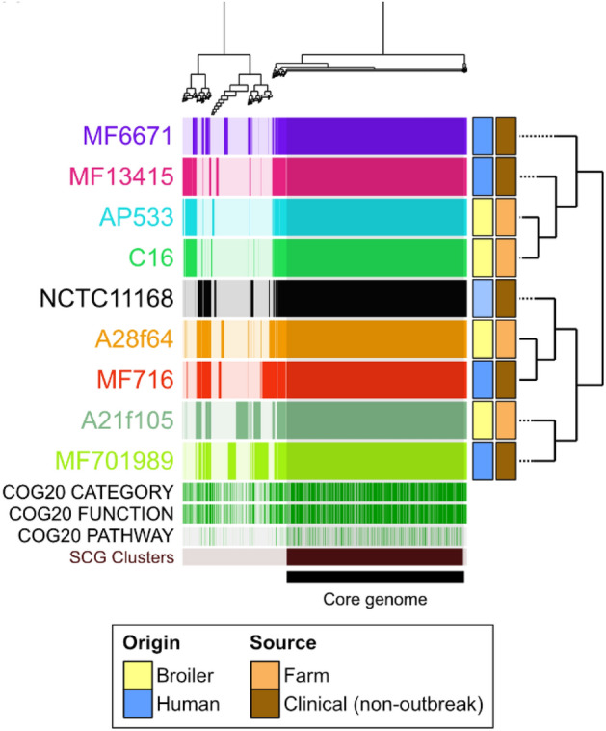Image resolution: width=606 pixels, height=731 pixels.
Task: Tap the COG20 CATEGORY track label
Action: [x=91, y=492]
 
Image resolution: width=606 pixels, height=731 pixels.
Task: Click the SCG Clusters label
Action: [x=123, y=556]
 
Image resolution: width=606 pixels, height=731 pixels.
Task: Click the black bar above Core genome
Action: [x=375, y=577]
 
